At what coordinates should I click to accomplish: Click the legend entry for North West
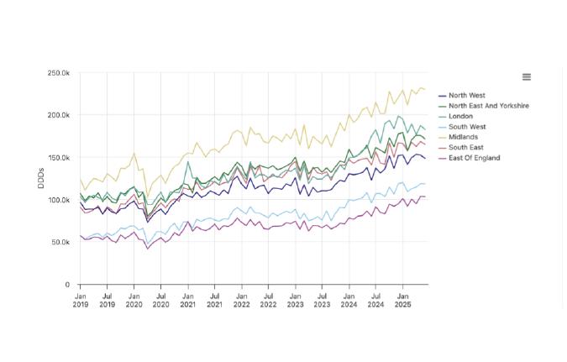point(466,96)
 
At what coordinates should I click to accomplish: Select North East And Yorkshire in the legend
point(488,106)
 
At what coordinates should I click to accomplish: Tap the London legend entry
point(461,116)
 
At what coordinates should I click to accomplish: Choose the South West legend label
point(467,127)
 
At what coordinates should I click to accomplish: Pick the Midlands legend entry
point(463,137)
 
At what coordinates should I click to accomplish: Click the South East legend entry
point(466,148)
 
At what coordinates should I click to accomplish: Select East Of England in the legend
point(474,158)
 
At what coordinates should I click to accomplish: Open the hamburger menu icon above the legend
point(527,77)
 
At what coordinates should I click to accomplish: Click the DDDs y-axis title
point(41,179)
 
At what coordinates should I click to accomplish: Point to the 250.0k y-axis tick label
point(58,73)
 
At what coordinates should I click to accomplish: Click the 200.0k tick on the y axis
point(58,115)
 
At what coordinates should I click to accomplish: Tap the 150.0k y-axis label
point(58,158)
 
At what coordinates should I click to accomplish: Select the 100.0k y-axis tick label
point(58,200)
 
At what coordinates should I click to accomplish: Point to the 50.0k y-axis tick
point(60,242)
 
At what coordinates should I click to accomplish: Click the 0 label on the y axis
point(67,285)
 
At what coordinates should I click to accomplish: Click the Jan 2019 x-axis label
point(81,300)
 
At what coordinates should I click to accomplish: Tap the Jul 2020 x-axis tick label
point(161,300)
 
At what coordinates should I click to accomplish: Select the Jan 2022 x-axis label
point(241,300)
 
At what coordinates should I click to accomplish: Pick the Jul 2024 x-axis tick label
point(375,300)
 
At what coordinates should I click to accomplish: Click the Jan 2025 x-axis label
point(402,300)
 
